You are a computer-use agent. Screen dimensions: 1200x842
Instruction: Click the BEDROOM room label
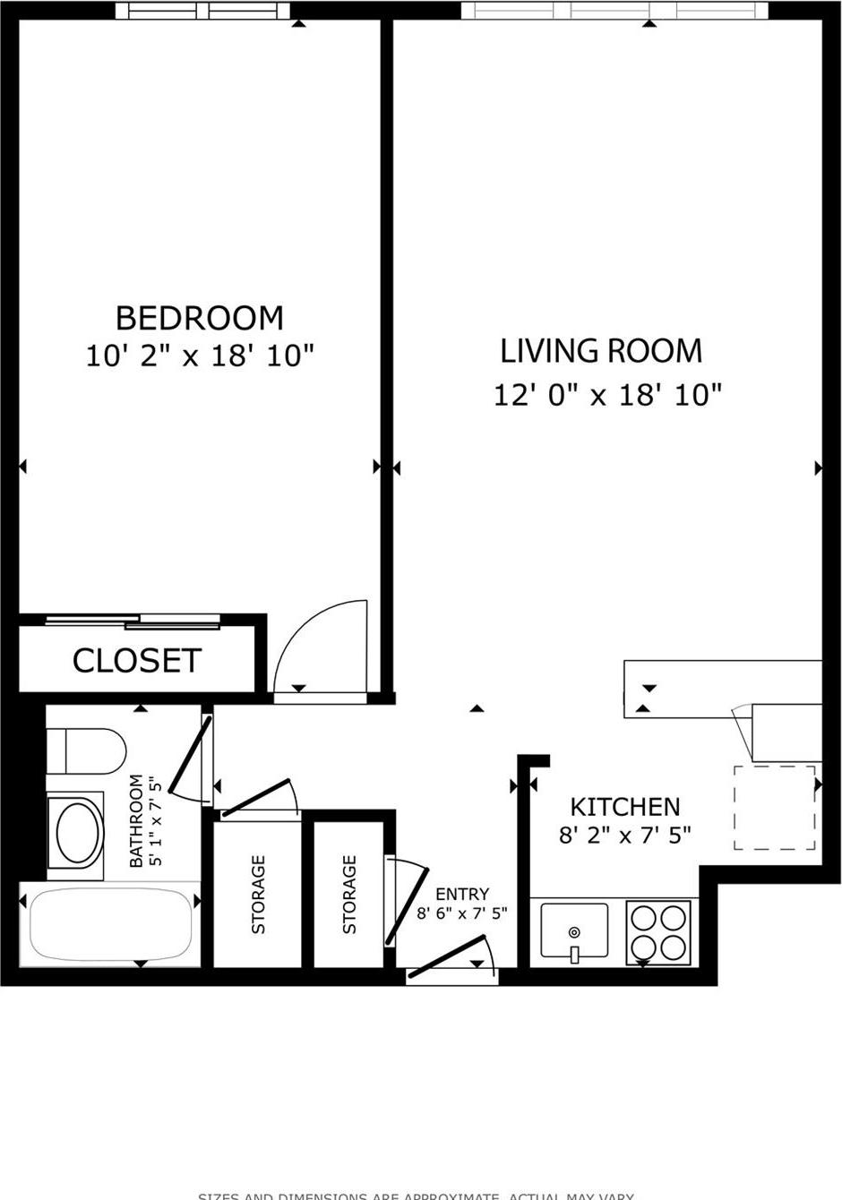click(199, 318)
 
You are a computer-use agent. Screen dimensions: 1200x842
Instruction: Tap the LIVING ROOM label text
click(600, 350)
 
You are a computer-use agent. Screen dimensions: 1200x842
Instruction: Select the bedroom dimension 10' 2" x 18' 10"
click(199, 356)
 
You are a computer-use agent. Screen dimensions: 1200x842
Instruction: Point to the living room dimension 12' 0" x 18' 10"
click(606, 394)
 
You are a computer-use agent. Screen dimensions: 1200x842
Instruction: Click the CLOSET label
click(136, 661)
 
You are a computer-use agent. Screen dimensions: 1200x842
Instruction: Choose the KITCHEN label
click(624, 806)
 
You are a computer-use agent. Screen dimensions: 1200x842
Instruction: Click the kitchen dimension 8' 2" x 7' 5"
click(624, 836)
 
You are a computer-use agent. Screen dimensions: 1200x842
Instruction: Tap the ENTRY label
click(462, 894)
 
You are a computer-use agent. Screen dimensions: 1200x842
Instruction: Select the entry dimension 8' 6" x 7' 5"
click(462, 913)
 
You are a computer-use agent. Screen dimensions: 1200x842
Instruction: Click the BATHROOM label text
click(136, 821)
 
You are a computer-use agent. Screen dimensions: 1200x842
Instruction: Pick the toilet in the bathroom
click(87, 750)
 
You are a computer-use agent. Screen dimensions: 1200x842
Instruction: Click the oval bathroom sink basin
click(80, 831)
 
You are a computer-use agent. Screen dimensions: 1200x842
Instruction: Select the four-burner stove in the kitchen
click(658, 931)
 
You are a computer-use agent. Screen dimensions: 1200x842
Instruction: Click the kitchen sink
click(574, 931)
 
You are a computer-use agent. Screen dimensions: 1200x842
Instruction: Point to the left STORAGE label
click(259, 894)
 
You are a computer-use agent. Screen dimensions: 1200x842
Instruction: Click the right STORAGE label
click(349, 894)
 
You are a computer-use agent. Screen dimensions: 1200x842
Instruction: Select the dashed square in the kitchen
click(775, 808)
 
